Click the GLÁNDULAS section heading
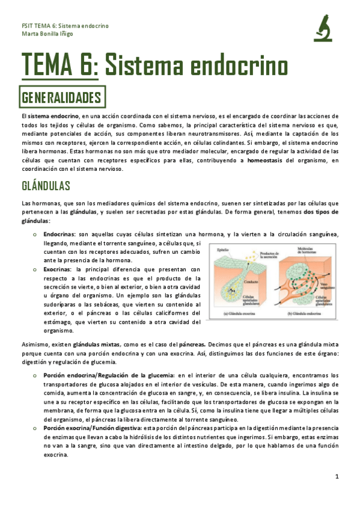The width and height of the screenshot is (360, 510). point(46,185)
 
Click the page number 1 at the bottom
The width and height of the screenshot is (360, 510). point(338,476)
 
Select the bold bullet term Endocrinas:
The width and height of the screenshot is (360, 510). point(59,234)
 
